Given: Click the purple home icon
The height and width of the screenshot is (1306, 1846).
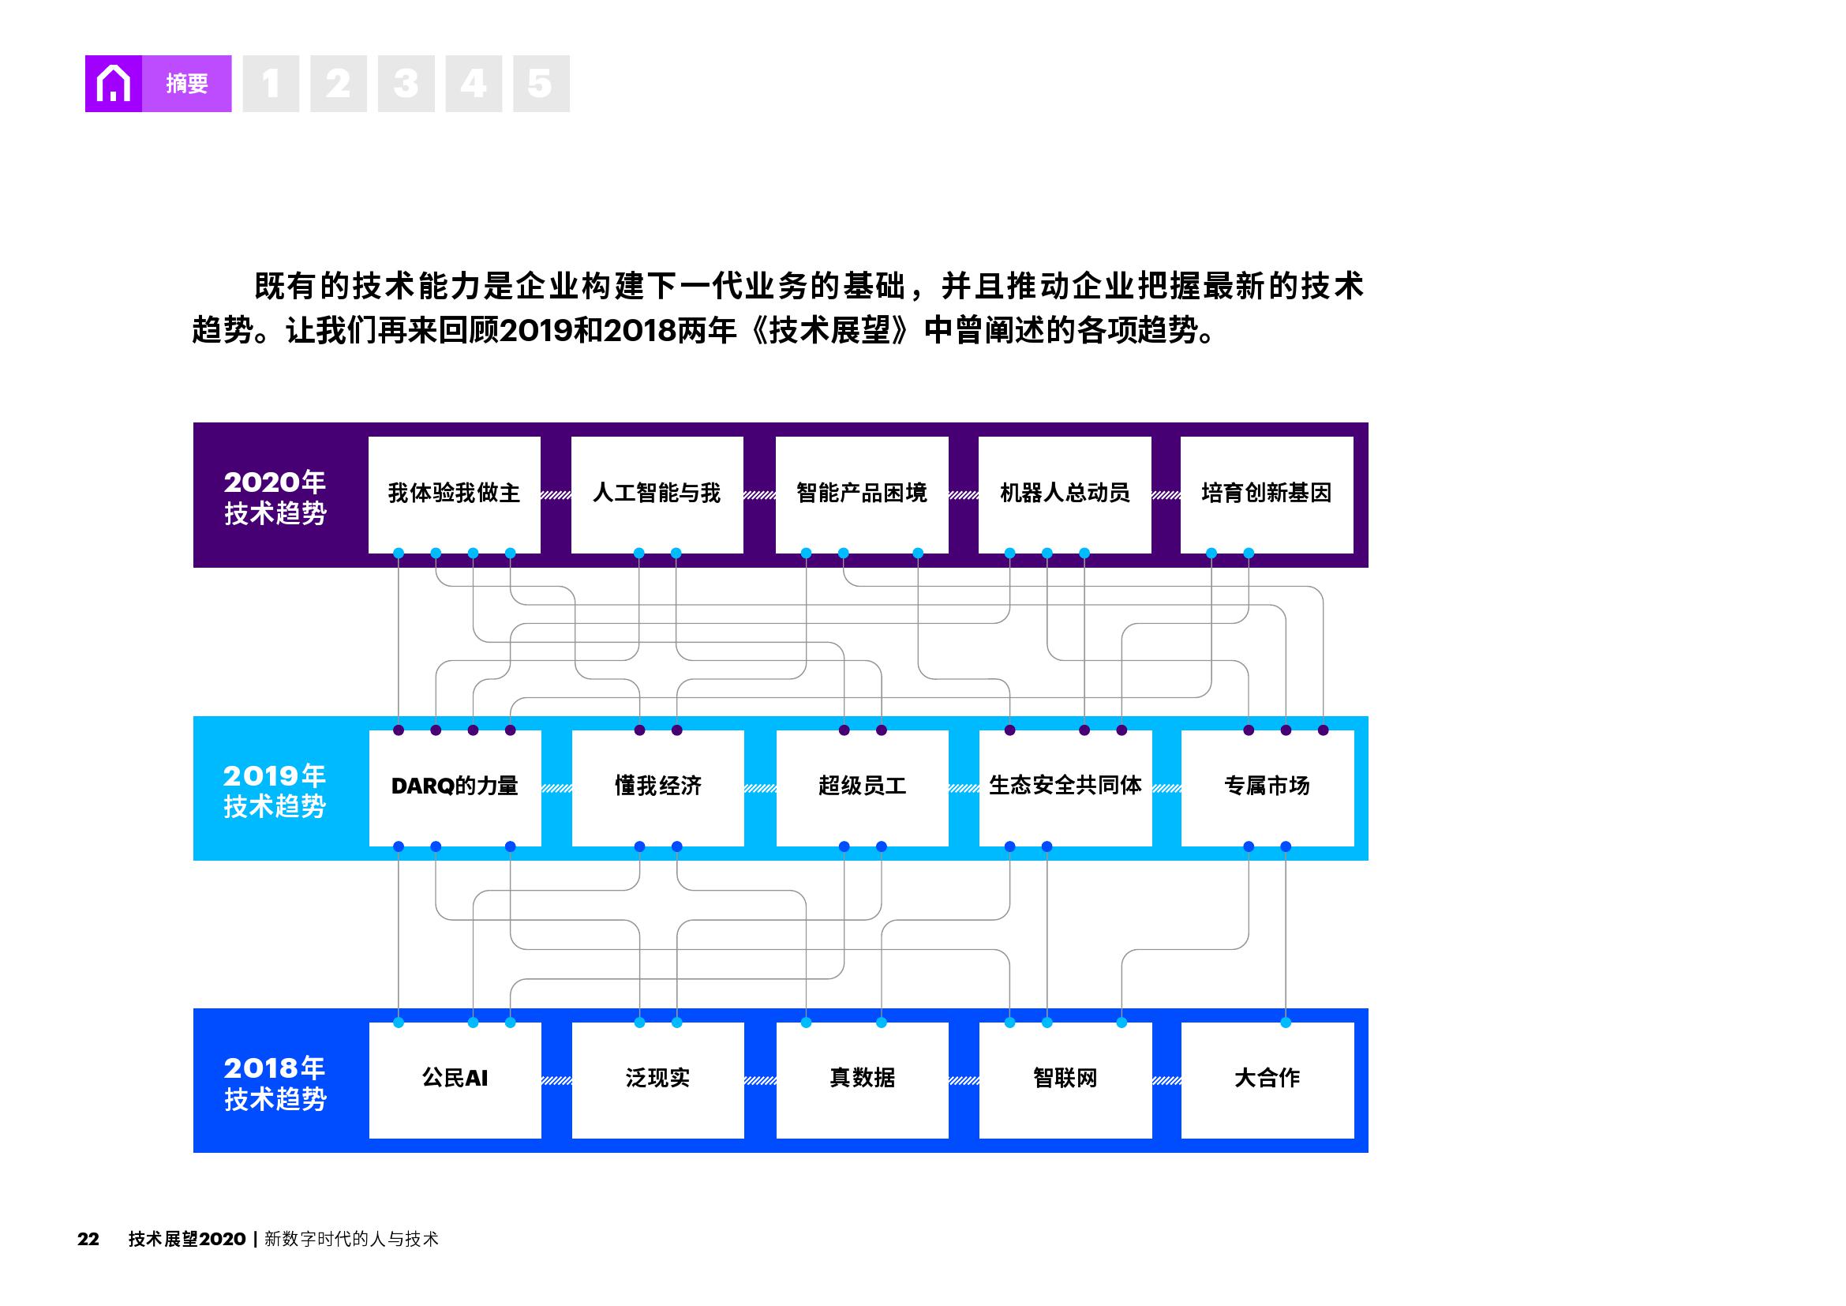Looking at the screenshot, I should pos(114,84).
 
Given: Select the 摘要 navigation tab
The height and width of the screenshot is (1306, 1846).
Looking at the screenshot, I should pos(186,84).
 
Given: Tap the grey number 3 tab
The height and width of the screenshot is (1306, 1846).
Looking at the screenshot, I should pos(406,84).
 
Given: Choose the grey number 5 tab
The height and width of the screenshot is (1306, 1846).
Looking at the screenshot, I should pos(541,84).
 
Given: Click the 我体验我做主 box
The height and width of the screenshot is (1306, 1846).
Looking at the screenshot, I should pos(455,494).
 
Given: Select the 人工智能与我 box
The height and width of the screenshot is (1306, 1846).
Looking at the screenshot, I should pos(657,494).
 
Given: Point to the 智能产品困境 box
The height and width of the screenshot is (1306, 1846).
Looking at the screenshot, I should pos(861,494).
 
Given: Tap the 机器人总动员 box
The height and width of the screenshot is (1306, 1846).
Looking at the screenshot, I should pos(1065,494).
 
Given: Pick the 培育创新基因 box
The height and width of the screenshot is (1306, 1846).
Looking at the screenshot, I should pos(1266,494).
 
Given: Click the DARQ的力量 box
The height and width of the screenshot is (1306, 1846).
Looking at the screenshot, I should pos(455,786).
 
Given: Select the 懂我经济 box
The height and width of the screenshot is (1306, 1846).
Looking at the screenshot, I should pos(657,786).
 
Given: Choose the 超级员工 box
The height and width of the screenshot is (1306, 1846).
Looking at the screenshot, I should pos(862,786).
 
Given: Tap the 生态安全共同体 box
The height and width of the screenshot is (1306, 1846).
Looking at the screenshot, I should pos(1065,786).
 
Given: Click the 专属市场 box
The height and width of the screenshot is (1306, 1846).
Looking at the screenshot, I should pos(1267,786).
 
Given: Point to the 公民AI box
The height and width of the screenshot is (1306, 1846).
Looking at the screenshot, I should pos(455,1079).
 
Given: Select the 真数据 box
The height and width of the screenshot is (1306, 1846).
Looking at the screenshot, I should pos(862,1079).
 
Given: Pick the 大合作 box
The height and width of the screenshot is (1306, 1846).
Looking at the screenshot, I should pos(1267,1079).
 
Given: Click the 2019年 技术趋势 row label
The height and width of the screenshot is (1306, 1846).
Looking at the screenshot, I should pos(274,790).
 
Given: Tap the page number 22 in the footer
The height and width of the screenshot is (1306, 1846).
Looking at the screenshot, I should pos(88,1239).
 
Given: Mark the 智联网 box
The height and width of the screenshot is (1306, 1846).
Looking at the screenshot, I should pos(1065,1079).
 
